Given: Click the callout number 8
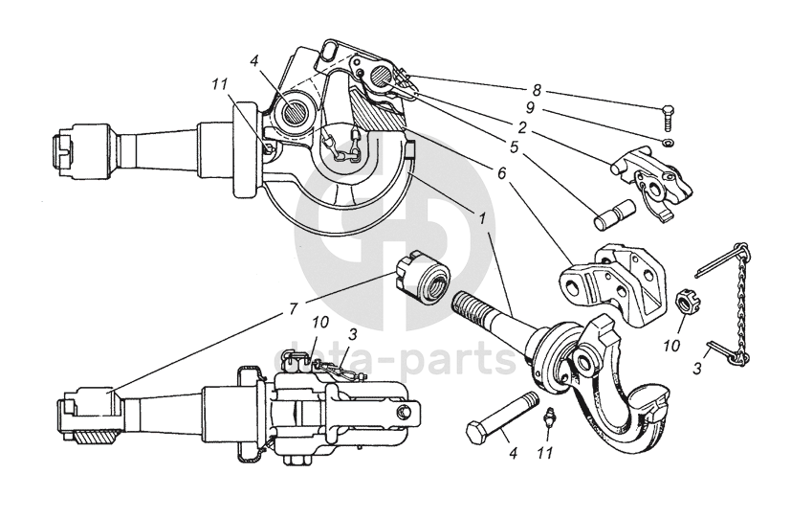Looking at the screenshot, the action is point(537,90).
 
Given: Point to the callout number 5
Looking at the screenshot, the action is point(515,148).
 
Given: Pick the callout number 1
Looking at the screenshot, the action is point(483,218).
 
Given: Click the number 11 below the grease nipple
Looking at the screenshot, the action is point(545,450).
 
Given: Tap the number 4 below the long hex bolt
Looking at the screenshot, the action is point(512,452).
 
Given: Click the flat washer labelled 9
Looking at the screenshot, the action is point(667,143).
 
